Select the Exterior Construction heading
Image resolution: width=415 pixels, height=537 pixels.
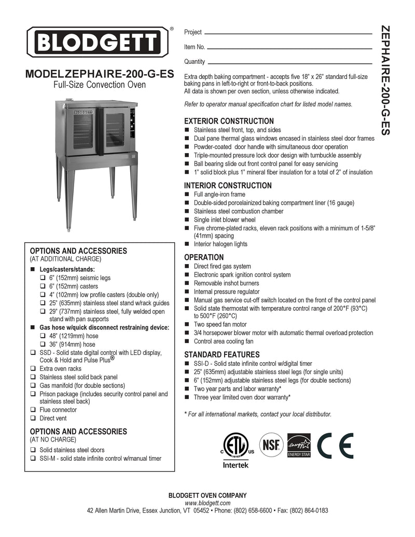pyautogui.click(x=222, y=121)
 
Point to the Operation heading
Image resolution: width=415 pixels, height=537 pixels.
pyautogui.click(x=204, y=257)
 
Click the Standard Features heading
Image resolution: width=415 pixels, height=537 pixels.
pyautogui.click(x=222, y=354)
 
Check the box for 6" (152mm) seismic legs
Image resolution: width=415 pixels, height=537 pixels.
pyautogui.click(x=44, y=278)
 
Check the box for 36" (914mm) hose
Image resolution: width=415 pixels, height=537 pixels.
pyautogui.click(x=44, y=345)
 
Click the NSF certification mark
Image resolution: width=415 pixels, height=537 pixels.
pyautogui.click(x=271, y=444)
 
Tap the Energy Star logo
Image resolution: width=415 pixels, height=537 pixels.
pyautogui.click(x=299, y=445)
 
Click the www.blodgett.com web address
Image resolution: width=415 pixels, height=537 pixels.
pyautogui.click(x=207, y=503)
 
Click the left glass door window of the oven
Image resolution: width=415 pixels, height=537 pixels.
pyautogui.click(x=84, y=131)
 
